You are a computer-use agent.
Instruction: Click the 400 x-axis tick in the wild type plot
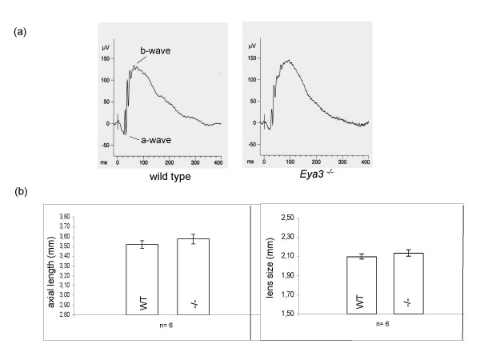pyautogui.click(x=218, y=162)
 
